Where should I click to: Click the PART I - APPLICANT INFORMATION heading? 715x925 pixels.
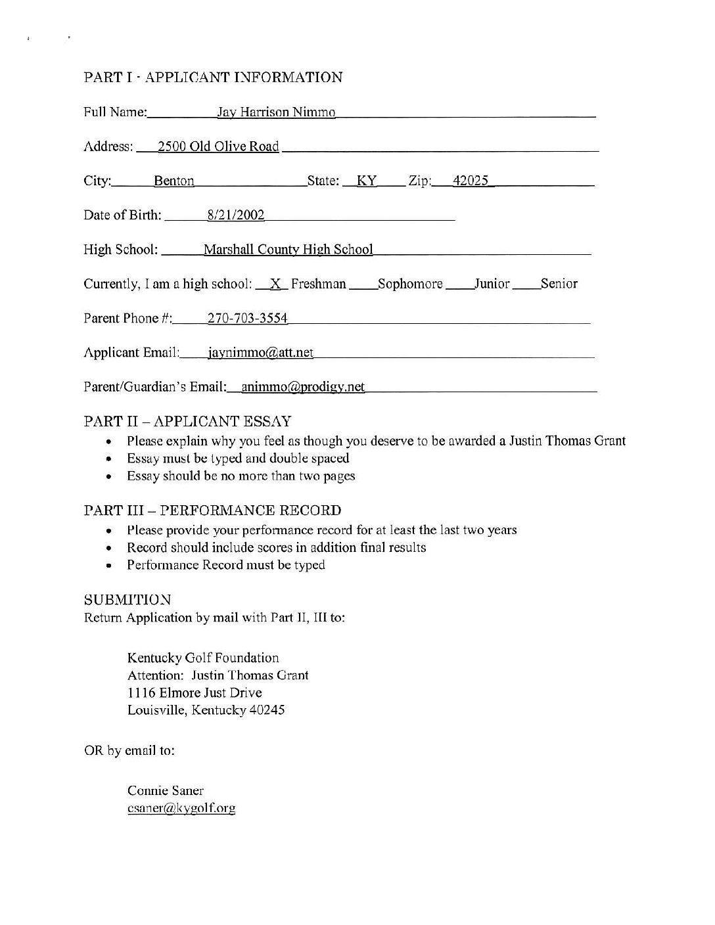pyautogui.click(x=213, y=78)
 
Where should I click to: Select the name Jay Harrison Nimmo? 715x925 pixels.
pyautogui.click(x=276, y=112)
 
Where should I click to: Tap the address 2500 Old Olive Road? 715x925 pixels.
pyautogui.click(x=218, y=147)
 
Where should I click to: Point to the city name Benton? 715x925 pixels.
pyautogui.click(x=173, y=181)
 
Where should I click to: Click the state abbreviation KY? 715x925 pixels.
pyautogui.click(x=366, y=181)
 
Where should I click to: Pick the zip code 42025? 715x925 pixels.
pyautogui.click(x=471, y=181)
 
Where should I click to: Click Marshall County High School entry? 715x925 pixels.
pyautogui.click(x=288, y=250)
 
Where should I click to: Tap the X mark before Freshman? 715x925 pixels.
pyautogui.click(x=276, y=284)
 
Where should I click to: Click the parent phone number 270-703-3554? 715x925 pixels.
pyautogui.click(x=247, y=319)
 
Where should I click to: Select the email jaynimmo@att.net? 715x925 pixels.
pyautogui.click(x=260, y=353)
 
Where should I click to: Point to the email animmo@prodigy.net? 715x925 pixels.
pyautogui.click(x=302, y=387)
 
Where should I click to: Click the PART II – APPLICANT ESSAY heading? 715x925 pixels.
pyautogui.click(x=187, y=421)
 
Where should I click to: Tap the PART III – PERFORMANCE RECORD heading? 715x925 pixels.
pyautogui.click(x=212, y=510)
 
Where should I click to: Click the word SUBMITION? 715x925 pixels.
pyautogui.click(x=127, y=600)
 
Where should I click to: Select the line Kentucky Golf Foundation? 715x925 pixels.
pyautogui.click(x=203, y=658)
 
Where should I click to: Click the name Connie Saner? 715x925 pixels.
pyautogui.click(x=166, y=790)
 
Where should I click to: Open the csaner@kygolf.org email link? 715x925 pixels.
pyautogui.click(x=181, y=808)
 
